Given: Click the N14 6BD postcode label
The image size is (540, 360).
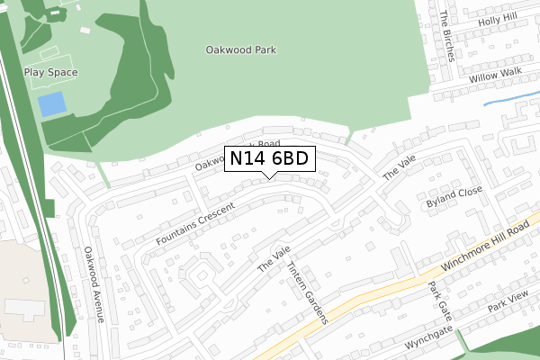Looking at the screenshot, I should pyautogui.click(x=269, y=158).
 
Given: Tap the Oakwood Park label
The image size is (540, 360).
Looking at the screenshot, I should pyautogui.click(x=240, y=51).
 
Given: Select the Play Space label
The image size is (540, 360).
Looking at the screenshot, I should pyautogui.click(x=50, y=73).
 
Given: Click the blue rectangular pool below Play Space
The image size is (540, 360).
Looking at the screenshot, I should pyautogui.click(x=52, y=104).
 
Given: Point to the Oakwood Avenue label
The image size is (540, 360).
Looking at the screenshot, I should pyautogui.click(x=94, y=284).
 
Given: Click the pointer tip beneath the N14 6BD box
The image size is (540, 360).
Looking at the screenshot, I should pyautogui.click(x=269, y=176).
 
